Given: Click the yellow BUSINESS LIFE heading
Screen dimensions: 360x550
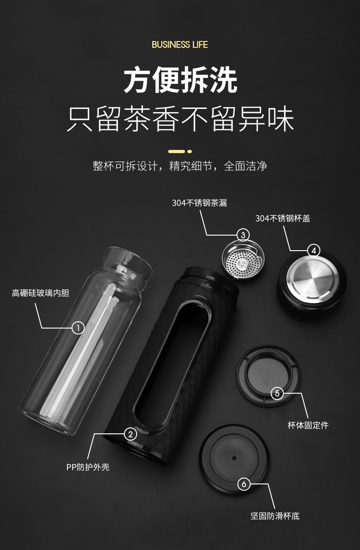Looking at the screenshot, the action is (180, 45).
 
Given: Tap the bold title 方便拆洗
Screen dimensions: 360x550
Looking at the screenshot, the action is (180, 80).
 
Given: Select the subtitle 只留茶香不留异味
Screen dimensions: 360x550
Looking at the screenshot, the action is (180, 119).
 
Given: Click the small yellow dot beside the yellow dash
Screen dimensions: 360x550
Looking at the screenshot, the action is (190, 151).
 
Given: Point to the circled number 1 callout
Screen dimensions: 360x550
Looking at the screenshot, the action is (78, 328).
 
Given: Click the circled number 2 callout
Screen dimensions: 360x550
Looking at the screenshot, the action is (130, 434).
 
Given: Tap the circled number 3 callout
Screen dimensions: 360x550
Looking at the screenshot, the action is (243, 235).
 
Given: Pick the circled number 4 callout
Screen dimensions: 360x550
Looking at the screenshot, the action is (314, 251).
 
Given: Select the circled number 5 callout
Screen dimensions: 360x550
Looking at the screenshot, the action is (277, 393).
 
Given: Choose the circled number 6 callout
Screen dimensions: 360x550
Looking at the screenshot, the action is (244, 484).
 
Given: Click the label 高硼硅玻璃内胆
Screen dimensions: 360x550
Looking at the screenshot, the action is (41, 293).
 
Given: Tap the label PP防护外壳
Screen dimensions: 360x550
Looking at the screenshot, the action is (88, 467).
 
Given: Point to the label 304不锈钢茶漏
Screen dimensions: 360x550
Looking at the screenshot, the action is (200, 203).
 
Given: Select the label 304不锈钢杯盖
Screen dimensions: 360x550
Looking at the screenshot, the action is (283, 218).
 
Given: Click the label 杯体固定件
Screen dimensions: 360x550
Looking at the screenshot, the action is (308, 425).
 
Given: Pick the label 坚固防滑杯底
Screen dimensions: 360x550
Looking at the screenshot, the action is (275, 516).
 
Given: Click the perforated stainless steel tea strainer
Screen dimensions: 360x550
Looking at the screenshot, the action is (243, 261).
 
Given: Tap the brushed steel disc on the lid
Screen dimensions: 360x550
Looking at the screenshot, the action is (313, 279).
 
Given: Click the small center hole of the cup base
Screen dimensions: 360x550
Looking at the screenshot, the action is (234, 458).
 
